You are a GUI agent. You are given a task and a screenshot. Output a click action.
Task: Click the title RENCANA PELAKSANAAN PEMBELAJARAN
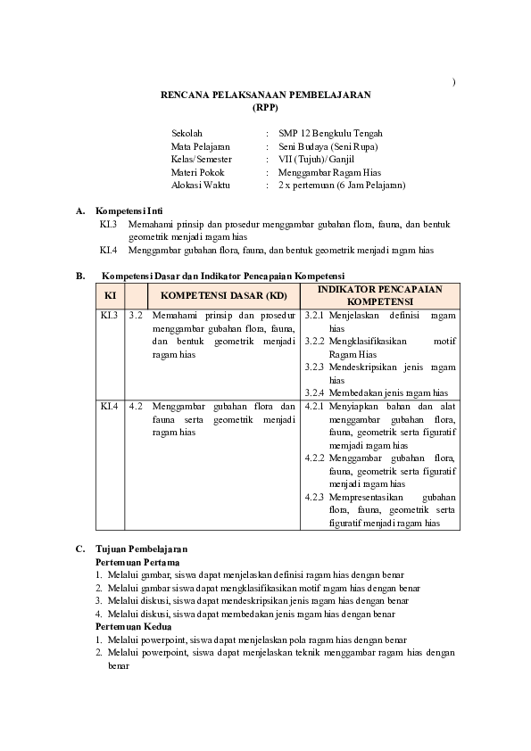265,94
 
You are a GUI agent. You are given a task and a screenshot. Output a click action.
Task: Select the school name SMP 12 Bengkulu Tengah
331,134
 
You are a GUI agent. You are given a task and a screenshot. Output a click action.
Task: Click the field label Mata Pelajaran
201,146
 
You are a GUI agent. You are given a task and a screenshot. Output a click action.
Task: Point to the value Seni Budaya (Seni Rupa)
328,146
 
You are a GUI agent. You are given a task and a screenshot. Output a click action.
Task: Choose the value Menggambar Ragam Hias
329,172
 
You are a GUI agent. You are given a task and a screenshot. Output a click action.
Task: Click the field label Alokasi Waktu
201,185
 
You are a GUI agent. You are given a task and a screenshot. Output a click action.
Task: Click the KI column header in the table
110,295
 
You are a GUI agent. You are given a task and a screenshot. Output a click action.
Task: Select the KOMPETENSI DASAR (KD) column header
224,295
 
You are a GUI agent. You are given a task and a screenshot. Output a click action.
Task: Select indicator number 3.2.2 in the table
314,342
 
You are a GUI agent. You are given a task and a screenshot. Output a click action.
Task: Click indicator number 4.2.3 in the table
314,497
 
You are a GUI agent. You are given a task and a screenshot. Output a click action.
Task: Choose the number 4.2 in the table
136,406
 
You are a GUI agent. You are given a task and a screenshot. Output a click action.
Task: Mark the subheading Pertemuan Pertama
137,563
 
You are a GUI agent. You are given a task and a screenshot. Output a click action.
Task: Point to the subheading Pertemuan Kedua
134,627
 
